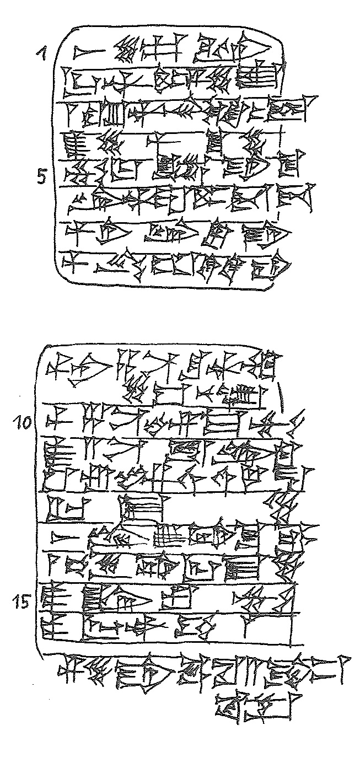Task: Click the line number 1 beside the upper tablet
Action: [x=41, y=53]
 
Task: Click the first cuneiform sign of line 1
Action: [x=88, y=53]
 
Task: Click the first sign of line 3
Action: [x=70, y=113]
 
